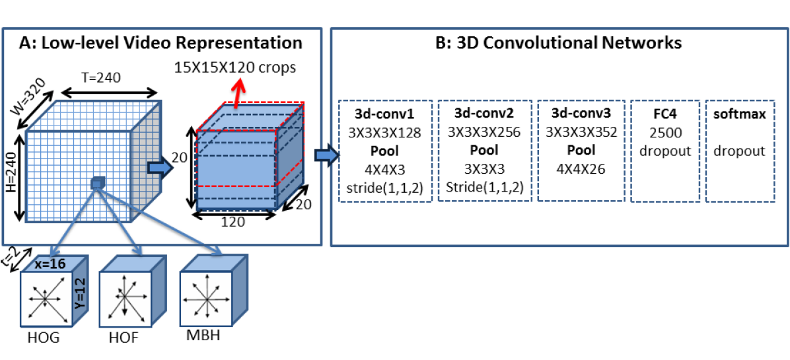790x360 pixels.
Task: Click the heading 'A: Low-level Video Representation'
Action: coord(161,42)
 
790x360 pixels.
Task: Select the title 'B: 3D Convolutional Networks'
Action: coord(558,43)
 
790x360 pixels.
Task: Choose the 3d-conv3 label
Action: coord(581,114)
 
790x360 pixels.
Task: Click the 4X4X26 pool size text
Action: coord(581,168)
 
